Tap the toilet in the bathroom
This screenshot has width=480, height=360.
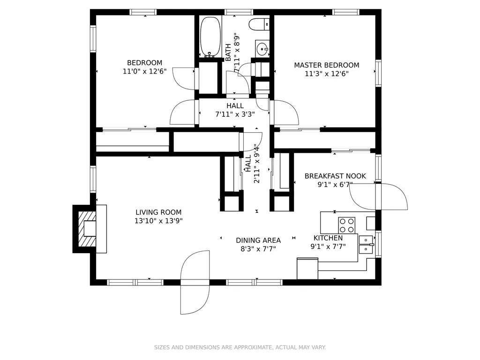(259, 24)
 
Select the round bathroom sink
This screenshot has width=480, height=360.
(262, 48)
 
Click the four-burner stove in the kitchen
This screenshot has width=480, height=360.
(346, 225)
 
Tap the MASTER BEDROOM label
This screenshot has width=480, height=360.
(327, 65)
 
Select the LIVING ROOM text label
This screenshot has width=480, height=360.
(158, 212)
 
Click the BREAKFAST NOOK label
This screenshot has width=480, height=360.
(335, 176)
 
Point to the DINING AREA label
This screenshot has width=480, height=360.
(258, 240)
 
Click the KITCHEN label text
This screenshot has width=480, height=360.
(328, 238)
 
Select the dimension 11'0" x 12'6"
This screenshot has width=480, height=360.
(144, 71)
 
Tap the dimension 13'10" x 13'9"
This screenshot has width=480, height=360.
(158, 221)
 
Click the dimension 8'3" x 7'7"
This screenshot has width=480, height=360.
(258, 249)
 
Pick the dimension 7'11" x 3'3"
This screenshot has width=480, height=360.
(235, 114)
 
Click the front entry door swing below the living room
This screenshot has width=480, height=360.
(195, 282)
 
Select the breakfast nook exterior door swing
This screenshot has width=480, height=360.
(378, 196)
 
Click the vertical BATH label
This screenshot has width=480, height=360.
(228, 52)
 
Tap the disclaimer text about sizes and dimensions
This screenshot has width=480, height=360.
(240, 347)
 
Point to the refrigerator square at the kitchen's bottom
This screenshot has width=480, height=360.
(307, 269)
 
